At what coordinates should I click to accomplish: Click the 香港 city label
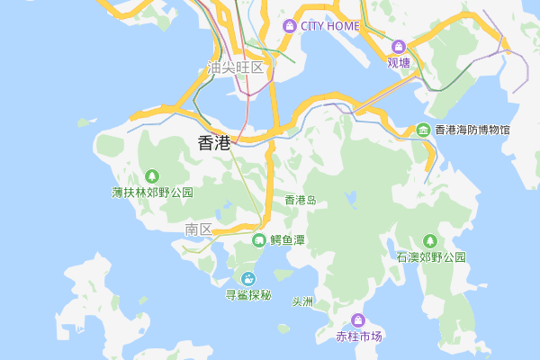[213, 142]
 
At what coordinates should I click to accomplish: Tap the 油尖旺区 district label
[235, 67]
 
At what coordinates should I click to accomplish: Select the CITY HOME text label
[330, 26]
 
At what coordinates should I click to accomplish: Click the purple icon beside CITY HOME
[290, 26]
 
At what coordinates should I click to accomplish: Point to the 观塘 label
[399, 63]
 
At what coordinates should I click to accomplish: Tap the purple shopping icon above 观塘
[399, 47]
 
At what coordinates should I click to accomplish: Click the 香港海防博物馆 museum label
[472, 130]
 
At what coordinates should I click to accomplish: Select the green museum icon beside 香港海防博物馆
[424, 130]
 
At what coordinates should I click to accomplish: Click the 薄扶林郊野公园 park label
[152, 193]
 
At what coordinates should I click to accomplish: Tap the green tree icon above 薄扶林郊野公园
[152, 175]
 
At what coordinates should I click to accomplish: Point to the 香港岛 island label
[301, 200]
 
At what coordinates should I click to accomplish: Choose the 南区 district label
[198, 229]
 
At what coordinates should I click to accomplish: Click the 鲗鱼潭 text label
[288, 240]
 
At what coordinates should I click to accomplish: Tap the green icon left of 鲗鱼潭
[259, 240]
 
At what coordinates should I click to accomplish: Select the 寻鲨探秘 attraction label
[247, 295]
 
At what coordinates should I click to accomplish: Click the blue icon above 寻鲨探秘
[247, 278]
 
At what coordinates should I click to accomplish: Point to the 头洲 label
[302, 301]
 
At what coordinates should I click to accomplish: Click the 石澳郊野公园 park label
[431, 257]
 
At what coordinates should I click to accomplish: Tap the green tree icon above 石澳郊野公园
[430, 240]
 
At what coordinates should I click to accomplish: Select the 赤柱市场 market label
[359, 337]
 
